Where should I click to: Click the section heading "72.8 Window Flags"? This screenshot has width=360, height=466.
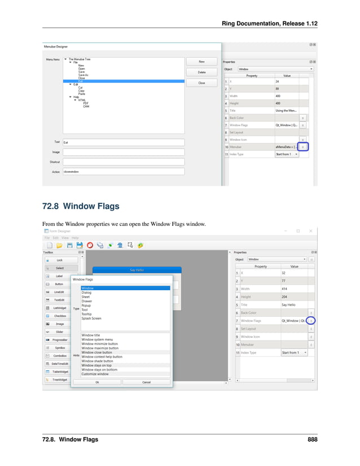coord(81,206)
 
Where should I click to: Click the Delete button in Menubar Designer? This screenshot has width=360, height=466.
coord(201,72)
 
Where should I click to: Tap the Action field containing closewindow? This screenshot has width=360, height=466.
coord(123,172)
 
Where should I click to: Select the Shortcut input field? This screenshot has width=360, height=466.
coord(123,162)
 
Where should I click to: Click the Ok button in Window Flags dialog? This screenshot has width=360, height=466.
coord(97,382)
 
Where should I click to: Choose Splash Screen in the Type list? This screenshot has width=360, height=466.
coord(91,319)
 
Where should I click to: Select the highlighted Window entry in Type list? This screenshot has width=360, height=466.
coord(125,288)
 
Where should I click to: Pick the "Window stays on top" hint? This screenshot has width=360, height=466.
coord(96,365)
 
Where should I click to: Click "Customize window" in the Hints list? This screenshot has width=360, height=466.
coord(95,374)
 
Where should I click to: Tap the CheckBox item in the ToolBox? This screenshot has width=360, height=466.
coord(59,316)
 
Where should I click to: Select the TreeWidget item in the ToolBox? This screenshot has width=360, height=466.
coord(59,380)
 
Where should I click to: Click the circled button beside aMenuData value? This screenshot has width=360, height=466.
coord(303,146)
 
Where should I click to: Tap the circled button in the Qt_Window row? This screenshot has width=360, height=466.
coord(311,320)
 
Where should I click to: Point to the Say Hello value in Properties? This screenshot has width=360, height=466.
coord(288,304)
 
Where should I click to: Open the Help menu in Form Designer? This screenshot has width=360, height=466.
coord(74,238)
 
